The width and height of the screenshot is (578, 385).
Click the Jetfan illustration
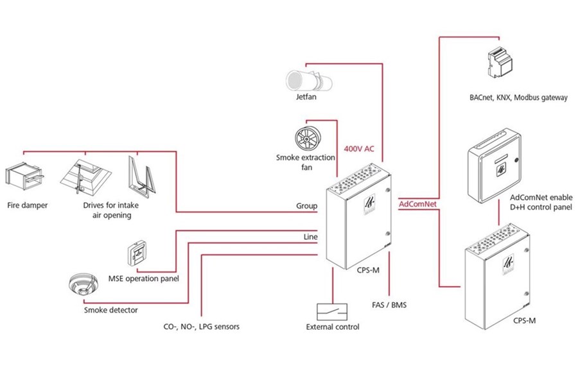(x=309, y=80)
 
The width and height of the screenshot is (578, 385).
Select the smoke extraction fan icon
(x=308, y=139)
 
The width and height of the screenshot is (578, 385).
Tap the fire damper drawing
(x=24, y=178)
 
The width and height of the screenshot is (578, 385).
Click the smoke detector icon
(x=83, y=284)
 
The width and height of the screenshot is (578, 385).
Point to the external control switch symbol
(x=332, y=312)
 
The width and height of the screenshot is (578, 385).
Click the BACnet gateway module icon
(x=500, y=63)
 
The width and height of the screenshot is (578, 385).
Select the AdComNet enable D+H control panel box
(x=495, y=166)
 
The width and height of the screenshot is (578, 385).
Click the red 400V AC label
(x=359, y=149)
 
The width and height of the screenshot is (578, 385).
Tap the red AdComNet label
(x=417, y=204)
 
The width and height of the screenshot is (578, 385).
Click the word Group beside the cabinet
(x=307, y=206)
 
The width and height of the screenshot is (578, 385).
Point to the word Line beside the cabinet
(x=310, y=237)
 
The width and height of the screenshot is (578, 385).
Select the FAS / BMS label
(x=389, y=305)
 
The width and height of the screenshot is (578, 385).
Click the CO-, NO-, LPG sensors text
(x=201, y=327)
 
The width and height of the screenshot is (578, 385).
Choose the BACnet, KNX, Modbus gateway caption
(x=519, y=98)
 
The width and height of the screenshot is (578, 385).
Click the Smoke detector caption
(x=111, y=310)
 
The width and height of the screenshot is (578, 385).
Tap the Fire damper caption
(x=28, y=205)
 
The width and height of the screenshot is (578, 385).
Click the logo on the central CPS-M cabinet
(x=369, y=204)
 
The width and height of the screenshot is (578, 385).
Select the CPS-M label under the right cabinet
(x=525, y=321)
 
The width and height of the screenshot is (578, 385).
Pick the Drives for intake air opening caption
(x=111, y=210)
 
